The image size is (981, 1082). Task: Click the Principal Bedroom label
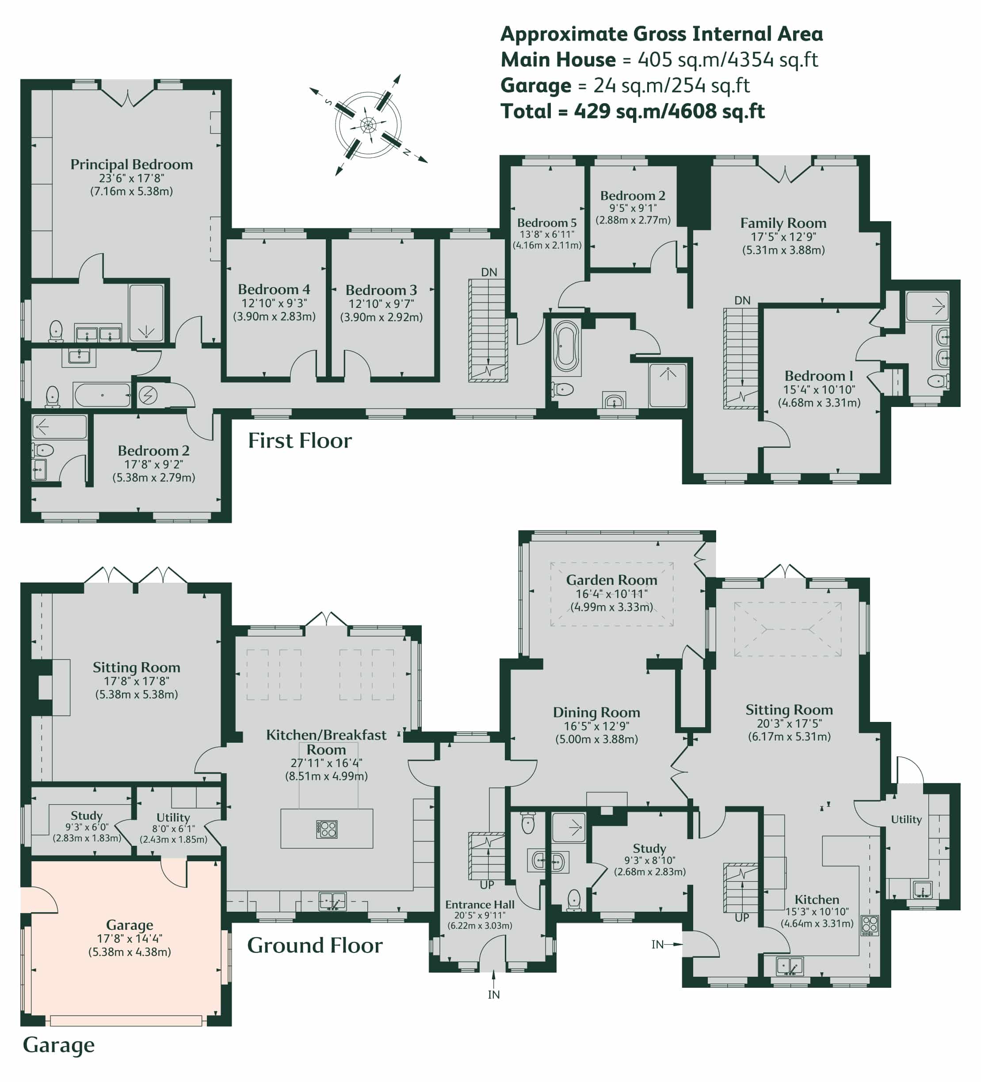pos(131,164)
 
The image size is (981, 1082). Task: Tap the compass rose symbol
pos(368,126)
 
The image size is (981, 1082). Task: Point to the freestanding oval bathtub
pos(566,347)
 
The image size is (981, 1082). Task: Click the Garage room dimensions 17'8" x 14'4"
pos(129,938)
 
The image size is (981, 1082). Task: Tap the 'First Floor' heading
pos(300,441)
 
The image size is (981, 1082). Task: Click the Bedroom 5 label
pos(546,222)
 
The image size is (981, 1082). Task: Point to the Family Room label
pos(783,223)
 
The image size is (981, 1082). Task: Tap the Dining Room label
pos(596,712)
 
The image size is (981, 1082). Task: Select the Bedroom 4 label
pos(274,289)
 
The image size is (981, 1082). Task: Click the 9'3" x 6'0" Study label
pos(86,827)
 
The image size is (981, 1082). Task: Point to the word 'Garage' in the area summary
pos(536,85)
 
